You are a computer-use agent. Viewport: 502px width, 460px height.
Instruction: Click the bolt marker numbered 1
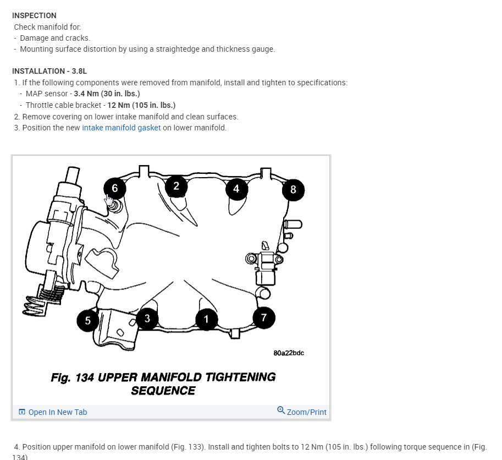(x=207, y=319)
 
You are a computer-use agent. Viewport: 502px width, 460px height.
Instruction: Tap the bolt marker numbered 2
(x=176, y=186)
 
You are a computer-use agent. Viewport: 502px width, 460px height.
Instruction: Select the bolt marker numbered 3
(x=147, y=319)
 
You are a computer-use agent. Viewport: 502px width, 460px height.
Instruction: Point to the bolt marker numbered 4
(x=236, y=189)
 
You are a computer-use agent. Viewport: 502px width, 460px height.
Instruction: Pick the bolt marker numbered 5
(x=87, y=320)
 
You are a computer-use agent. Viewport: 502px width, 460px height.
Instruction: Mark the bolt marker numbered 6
(x=114, y=188)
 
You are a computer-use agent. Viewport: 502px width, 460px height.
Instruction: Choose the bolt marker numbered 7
(x=264, y=317)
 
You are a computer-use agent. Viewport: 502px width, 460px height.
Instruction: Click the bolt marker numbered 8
(x=293, y=190)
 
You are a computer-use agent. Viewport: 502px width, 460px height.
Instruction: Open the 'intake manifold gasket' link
(x=122, y=128)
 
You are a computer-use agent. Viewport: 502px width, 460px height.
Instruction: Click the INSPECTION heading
(x=34, y=15)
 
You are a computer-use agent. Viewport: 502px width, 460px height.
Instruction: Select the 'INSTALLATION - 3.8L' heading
(x=49, y=71)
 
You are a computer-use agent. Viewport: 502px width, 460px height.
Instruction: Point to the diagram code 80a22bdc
(x=288, y=353)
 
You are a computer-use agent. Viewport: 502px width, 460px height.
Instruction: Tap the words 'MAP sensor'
(x=46, y=94)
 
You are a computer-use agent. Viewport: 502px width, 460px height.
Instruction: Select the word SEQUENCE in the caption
(x=163, y=391)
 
